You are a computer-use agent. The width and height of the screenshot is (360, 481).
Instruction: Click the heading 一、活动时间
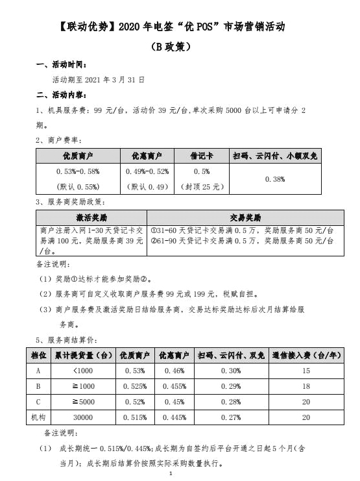coord(60,65)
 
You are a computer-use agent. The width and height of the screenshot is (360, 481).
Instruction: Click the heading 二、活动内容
coord(60,94)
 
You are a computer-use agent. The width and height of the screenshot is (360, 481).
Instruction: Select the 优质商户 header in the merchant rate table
coord(78,156)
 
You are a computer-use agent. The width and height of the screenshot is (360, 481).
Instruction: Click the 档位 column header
coord(38,356)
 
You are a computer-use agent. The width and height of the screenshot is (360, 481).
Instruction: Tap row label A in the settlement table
coord(38,371)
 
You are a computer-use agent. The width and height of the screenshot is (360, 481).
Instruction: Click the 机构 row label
coord(38,417)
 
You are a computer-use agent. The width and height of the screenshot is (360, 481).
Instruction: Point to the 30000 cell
coord(84,417)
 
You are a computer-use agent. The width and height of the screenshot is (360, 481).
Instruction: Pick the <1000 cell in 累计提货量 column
coord(84,371)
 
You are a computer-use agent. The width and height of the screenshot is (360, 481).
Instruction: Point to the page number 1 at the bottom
coord(169,475)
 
